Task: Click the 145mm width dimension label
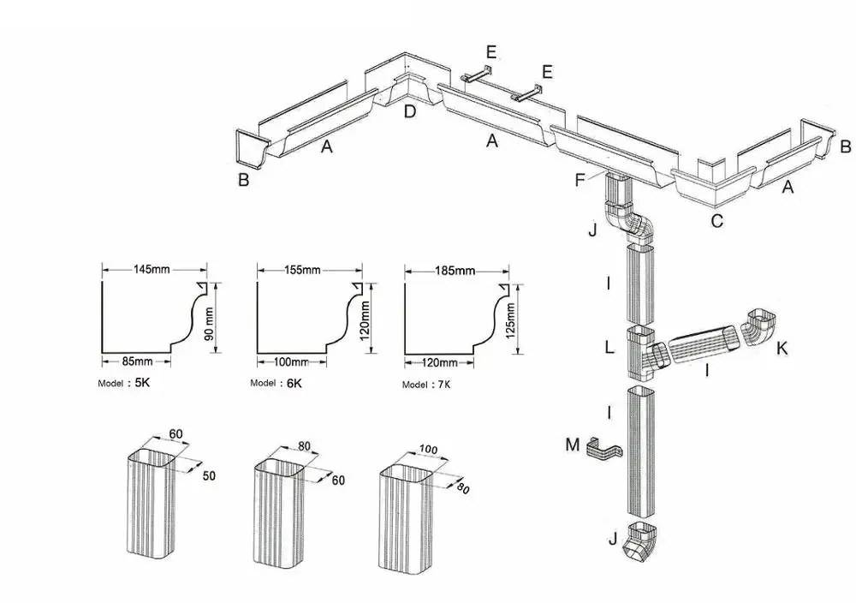coord(152,269)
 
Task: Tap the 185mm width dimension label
coord(455,272)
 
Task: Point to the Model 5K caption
coord(125,383)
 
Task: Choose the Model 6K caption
coord(276,383)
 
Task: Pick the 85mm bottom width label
coord(138,360)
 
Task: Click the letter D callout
coord(410,111)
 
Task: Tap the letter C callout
coord(717,221)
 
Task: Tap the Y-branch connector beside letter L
coord(646,353)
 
